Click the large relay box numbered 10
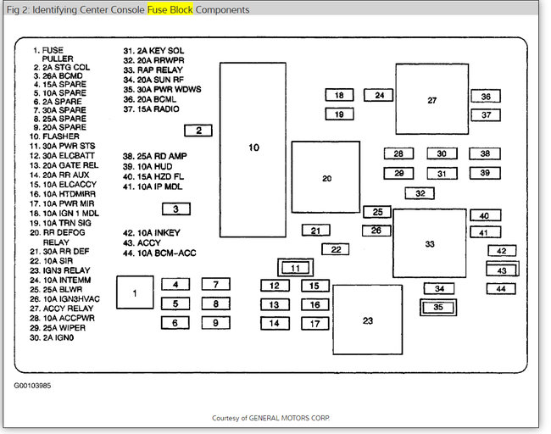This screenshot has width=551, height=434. pos(253,149)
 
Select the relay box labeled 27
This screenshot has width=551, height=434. pos(431,101)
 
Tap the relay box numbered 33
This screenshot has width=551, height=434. pos(429,244)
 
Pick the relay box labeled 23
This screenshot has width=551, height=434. pos(367,320)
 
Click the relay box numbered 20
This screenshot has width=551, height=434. pos(326,178)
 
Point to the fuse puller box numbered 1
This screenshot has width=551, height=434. pos(135,292)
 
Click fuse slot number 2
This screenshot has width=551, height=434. pos(198,131)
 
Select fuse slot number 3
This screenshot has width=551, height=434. pos(175,209)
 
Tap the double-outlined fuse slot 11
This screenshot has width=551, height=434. pos(295,268)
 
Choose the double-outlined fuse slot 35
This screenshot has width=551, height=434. pos(438,307)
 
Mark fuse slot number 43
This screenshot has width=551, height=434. pos(502,270)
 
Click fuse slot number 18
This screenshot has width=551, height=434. pos(339,96)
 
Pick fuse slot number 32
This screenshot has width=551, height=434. pos(419,193)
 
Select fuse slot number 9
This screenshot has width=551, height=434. pos(216,323)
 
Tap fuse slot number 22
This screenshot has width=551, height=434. pos(336,249)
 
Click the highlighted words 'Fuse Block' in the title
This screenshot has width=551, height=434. pos(170,10)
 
